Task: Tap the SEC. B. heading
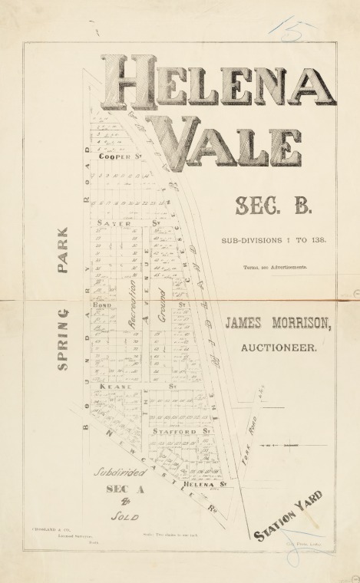coord(263,206)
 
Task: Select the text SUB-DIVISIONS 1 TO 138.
coord(274,240)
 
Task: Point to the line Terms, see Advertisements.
coord(276,267)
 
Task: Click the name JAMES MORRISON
coord(279,324)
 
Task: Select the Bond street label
coord(103,305)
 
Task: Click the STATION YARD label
coord(288,515)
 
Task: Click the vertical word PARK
coord(64,250)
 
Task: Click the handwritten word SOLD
coord(123,518)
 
